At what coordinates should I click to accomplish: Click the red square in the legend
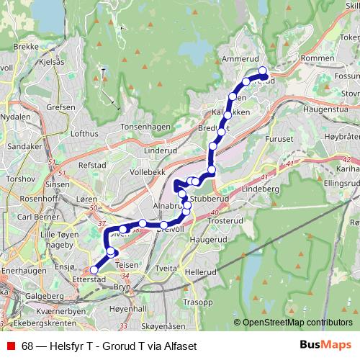click(10, 346)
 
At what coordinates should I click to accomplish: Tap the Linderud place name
click(161, 150)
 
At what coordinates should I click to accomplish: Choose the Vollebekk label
click(148, 173)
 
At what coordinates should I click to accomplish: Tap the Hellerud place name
click(200, 273)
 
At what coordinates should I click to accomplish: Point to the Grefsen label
click(60, 107)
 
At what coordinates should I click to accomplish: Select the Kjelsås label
click(50, 63)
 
